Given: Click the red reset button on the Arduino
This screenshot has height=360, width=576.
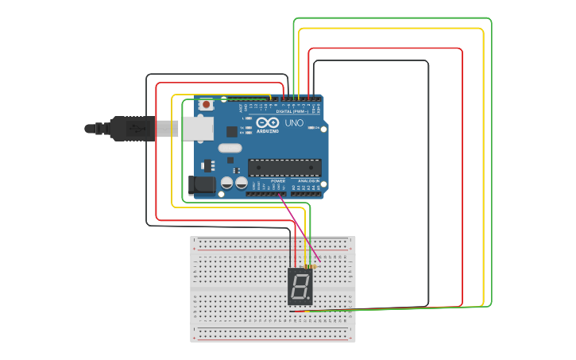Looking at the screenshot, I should (x=207, y=104).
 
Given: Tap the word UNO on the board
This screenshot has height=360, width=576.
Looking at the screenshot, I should (x=293, y=123).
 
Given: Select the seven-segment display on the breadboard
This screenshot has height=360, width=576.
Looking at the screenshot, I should (x=300, y=287).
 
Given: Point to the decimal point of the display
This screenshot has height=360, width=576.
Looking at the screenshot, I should (x=309, y=298).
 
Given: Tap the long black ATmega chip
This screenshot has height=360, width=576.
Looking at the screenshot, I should (x=284, y=167).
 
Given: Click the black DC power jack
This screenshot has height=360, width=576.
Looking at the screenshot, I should (x=202, y=186).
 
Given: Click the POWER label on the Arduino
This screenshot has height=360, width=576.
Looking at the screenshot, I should (x=278, y=181).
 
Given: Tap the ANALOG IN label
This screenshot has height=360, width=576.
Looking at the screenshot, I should (x=308, y=181).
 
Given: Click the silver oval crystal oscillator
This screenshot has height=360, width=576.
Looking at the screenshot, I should (x=230, y=147).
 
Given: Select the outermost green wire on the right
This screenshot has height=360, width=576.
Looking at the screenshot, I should (x=491, y=159).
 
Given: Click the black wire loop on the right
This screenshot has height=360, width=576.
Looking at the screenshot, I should (x=428, y=183).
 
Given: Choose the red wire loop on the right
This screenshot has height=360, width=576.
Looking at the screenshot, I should (x=462, y=175).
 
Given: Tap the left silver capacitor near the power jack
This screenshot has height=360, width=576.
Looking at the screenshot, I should (x=227, y=183).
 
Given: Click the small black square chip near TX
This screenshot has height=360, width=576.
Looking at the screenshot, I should (x=231, y=132).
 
